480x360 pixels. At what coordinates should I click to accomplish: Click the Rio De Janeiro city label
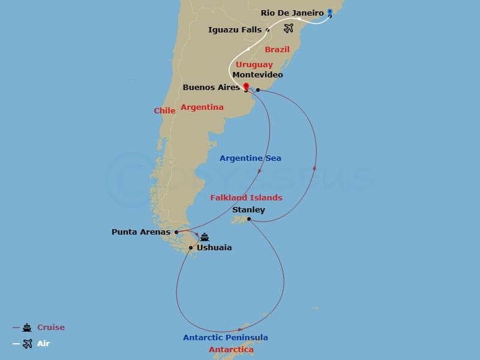(x=292, y=13)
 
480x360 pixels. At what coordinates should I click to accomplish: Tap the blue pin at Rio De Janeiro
(x=329, y=11)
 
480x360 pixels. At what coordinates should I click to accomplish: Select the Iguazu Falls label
(x=235, y=29)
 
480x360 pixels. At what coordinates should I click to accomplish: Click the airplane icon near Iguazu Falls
(x=289, y=28)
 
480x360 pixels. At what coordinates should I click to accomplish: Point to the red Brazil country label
(x=277, y=49)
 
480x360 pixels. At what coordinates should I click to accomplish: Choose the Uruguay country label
(x=254, y=64)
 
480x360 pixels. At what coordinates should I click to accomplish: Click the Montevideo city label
(x=257, y=75)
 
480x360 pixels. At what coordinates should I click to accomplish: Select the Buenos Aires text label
(x=211, y=88)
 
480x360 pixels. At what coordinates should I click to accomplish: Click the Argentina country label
(x=202, y=107)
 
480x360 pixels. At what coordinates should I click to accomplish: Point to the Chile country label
(x=164, y=110)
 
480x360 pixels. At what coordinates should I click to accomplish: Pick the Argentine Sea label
(x=250, y=158)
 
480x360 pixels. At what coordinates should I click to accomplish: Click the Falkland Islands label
(x=246, y=197)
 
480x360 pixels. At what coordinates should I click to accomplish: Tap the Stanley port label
(x=248, y=209)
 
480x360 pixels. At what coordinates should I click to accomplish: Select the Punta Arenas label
(x=141, y=232)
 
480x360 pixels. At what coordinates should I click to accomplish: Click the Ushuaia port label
(x=214, y=247)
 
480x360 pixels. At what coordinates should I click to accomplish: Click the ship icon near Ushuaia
(x=205, y=237)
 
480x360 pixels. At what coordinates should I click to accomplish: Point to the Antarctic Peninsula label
(x=226, y=338)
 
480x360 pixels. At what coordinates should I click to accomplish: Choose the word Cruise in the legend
(x=50, y=328)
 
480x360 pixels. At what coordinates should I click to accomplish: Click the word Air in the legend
(x=43, y=344)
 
